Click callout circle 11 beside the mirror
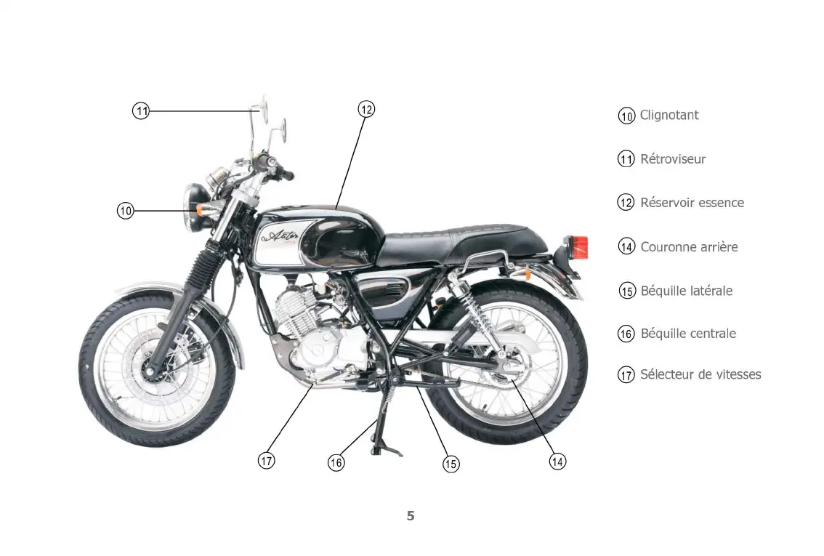pyautogui.click(x=141, y=111)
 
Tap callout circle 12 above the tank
pyautogui.click(x=366, y=110)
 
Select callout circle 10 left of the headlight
pyautogui.click(x=126, y=211)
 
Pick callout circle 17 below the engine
pyautogui.click(x=267, y=460)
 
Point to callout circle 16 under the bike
pyautogui.click(x=336, y=462)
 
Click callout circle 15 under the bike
pyautogui.click(x=451, y=463)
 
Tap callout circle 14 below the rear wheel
pyautogui.click(x=557, y=461)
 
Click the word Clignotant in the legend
pyautogui.click(x=669, y=115)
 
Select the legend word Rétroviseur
pyautogui.click(x=672, y=159)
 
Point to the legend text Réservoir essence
pyautogui.click(x=692, y=203)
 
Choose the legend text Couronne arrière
pyautogui.click(x=688, y=247)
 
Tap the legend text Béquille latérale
pyautogui.click(x=686, y=291)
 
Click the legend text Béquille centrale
pyautogui.click(x=687, y=334)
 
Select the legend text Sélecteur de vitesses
pyautogui.click(x=700, y=375)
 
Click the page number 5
pyautogui.click(x=411, y=516)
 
